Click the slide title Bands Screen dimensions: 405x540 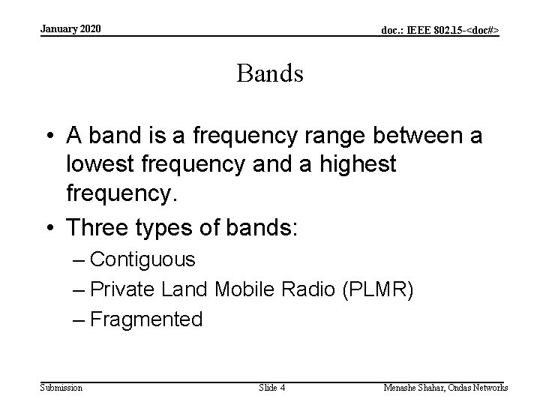click(270, 73)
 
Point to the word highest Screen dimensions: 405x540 click(353, 163)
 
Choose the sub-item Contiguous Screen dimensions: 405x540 click(142, 260)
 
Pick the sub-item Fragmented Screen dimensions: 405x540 click(145, 319)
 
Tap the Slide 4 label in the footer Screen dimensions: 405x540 click(271, 388)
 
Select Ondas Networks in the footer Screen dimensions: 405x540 click(481, 388)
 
